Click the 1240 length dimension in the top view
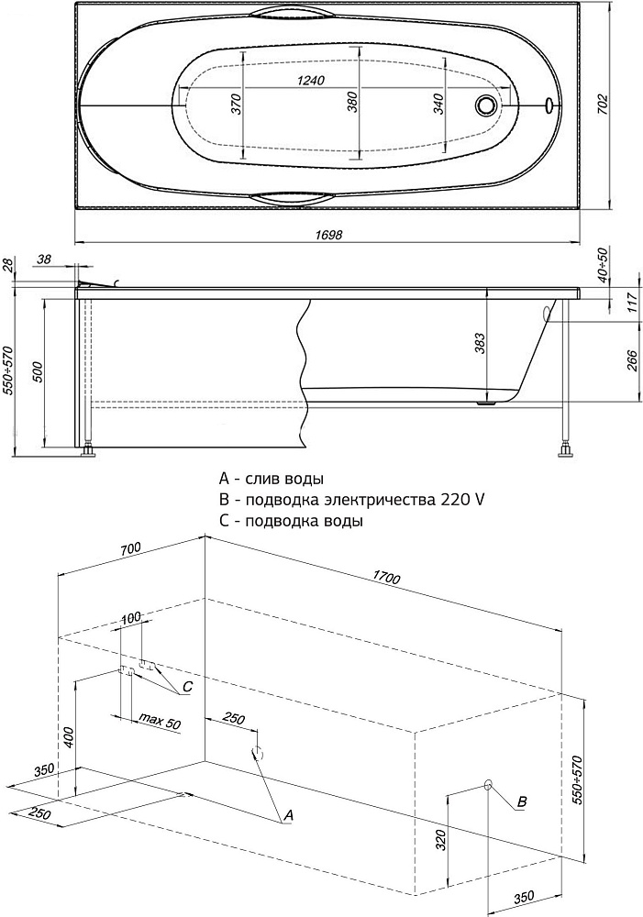click(x=312, y=82)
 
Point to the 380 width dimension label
click(x=353, y=103)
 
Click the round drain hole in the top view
click(x=485, y=105)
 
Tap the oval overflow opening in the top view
click(x=549, y=105)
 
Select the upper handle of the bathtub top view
click(x=294, y=13)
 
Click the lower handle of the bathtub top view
click(x=294, y=196)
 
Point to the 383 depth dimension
click(x=480, y=343)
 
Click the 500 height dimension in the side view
click(x=37, y=372)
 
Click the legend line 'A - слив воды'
click(x=272, y=479)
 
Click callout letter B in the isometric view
click(x=522, y=802)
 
